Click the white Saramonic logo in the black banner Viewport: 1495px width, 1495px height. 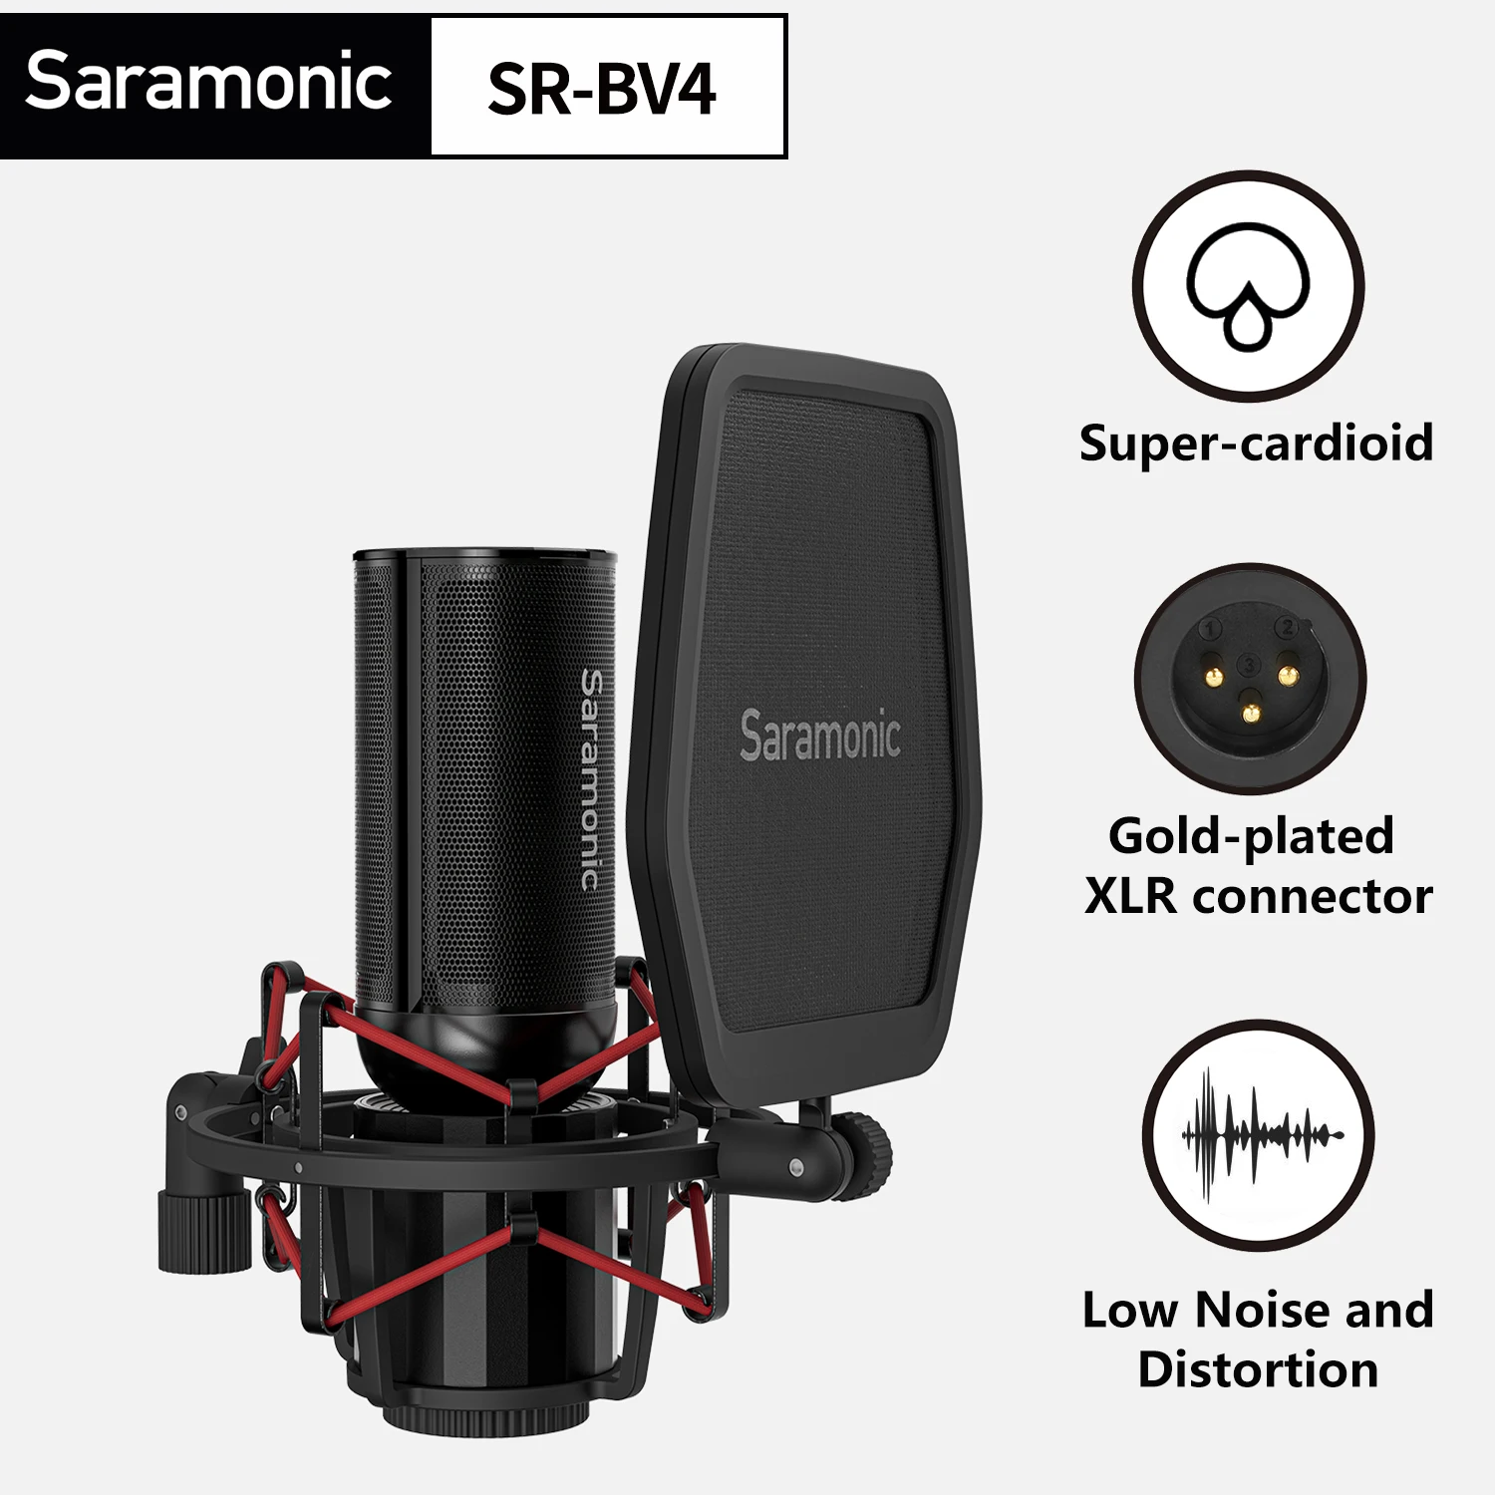click(x=208, y=82)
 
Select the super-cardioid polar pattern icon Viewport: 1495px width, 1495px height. click(x=1248, y=287)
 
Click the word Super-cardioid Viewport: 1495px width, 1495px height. click(x=1256, y=443)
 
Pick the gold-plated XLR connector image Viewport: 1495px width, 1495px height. click(x=1250, y=678)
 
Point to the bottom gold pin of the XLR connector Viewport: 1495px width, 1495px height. click(x=1250, y=712)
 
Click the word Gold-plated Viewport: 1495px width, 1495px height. click(x=1251, y=835)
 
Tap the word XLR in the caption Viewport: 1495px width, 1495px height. click(x=1130, y=896)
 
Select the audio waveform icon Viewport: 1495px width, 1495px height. click(x=1259, y=1135)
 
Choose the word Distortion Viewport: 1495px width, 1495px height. click(x=1258, y=1369)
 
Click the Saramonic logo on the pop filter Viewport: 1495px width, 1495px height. click(x=820, y=736)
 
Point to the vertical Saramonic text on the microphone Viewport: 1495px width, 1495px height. click(x=591, y=779)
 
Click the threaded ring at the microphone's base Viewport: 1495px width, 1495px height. click(x=468, y=1415)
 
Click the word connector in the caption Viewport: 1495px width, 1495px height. click(x=1313, y=896)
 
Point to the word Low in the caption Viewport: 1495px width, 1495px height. click(x=1130, y=1310)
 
